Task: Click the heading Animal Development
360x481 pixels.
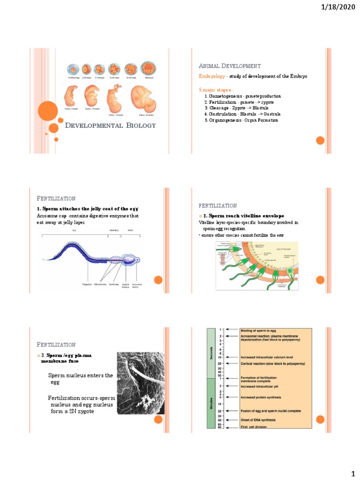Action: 230,66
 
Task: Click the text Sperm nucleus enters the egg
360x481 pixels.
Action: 81,379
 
